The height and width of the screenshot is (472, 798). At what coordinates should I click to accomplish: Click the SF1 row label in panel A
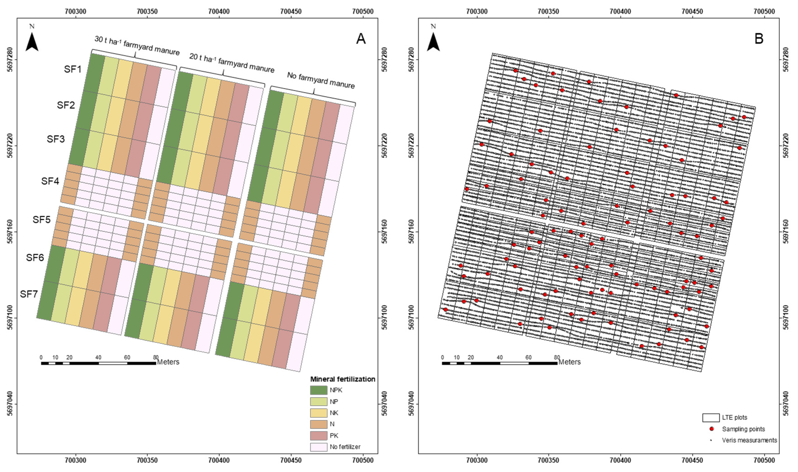[73, 69]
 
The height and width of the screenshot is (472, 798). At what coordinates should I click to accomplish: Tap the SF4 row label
[50, 181]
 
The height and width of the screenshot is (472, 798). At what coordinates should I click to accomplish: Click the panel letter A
[361, 39]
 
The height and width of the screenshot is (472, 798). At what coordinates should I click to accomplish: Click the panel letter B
[759, 39]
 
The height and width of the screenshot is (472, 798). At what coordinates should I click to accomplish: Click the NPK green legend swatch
[319, 390]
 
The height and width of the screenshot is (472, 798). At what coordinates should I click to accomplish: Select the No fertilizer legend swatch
[319, 447]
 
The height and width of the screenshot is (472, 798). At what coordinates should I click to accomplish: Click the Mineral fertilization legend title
[343, 379]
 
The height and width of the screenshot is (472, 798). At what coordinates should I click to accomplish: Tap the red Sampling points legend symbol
[712, 429]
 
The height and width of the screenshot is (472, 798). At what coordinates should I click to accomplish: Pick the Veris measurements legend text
[749, 440]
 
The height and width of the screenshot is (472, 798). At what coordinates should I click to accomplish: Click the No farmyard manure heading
[321, 80]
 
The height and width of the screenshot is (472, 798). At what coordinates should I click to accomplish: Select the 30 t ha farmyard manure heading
[137, 45]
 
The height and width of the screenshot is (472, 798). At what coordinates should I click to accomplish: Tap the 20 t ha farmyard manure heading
[232, 63]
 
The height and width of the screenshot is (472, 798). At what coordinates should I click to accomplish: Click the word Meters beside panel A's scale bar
[168, 362]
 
